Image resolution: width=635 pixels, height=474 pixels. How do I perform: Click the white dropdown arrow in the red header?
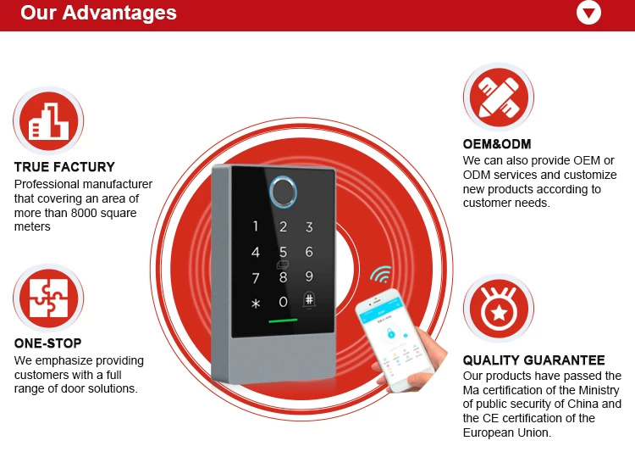[x=588, y=12]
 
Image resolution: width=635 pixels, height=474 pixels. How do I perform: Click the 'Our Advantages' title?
[x=98, y=13]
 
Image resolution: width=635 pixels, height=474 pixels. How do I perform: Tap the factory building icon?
[x=48, y=120]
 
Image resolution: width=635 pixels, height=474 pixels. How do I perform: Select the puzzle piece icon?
[x=48, y=298]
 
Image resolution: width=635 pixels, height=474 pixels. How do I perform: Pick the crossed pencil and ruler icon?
[x=499, y=98]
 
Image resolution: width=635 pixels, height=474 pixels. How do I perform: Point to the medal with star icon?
[x=499, y=308]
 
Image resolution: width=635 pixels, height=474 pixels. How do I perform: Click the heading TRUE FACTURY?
[x=64, y=167]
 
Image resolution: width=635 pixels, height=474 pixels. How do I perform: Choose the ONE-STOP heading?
[x=47, y=343]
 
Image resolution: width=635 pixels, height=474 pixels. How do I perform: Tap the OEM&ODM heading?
[x=497, y=144]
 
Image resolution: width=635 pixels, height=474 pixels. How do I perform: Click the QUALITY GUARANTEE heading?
[x=533, y=360]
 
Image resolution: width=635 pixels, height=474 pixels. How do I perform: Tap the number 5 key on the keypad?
[x=283, y=252]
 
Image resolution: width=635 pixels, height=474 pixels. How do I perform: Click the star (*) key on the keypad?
[x=256, y=304]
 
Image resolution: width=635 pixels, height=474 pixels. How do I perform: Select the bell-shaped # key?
[x=309, y=300]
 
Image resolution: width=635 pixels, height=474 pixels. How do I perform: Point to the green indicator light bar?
[x=283, y=321]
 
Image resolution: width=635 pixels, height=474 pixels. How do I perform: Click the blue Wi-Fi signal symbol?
[x=382, y=274]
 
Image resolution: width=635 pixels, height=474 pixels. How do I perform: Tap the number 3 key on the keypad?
[x=309, y=226]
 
